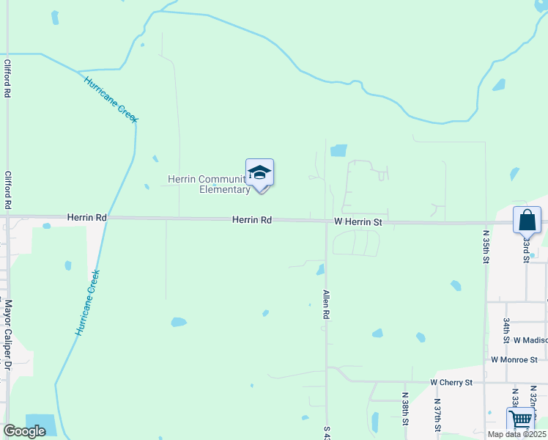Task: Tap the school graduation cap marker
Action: coord(259,174)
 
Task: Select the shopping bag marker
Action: coord(527,219)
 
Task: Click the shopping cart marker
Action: coord(520,420)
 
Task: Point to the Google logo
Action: coord(24,431)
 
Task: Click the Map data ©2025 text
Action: coord(516,434)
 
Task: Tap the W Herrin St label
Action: coord(358,221)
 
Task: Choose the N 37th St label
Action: coord(437,414)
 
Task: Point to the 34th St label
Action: coord(506,331)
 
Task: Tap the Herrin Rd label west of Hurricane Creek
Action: coord(86,218)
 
